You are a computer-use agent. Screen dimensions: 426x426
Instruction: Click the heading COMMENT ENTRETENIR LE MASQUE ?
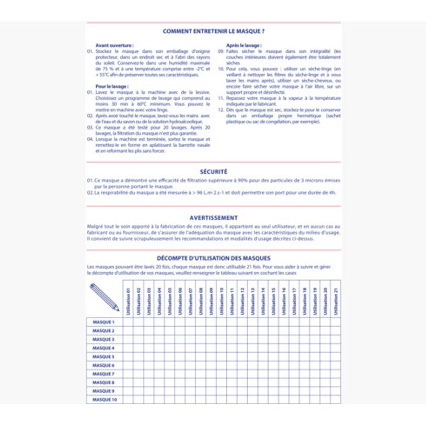pyautogui.click(x=213, y=31)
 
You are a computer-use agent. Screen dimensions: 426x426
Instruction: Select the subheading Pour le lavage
pyautogui.click(x=111, y=86)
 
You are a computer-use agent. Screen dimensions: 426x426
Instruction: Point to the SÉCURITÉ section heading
pyautogui.click(x=213, y=171)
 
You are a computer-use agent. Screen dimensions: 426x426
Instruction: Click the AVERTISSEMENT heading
pyautogui.click(x=213, y=217)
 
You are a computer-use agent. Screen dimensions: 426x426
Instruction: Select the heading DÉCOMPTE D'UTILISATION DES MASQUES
pyautogui.click(x=213, y=258)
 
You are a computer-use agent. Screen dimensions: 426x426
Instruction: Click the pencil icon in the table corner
pyautogui.click(x=104, y=297)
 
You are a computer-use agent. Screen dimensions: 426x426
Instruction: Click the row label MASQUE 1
pyautogui.click(x=103, y=322)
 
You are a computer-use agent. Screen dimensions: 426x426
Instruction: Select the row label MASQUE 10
pyautogui.click(x=105, y=400)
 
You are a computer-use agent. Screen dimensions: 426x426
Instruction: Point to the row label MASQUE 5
pyautogui.click(x=103, y=356)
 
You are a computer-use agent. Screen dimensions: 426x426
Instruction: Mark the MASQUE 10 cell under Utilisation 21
pyautogui.click(x=336, y=400)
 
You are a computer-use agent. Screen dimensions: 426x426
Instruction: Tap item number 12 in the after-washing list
pyautogui.click(x=221, y=110)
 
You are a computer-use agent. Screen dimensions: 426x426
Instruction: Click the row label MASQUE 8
pyautogui.click(x=103, y=383)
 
